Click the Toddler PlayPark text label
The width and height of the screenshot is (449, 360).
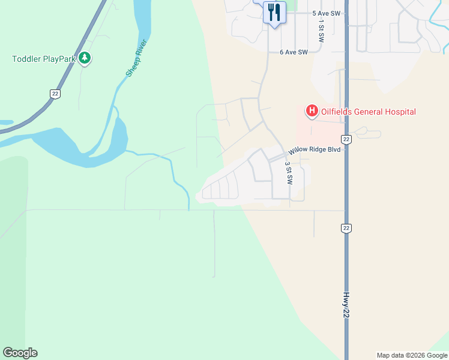[44, 59]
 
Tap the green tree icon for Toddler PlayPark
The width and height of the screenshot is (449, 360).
[85, 58]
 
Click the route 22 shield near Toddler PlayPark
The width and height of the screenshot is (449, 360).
[54, 93]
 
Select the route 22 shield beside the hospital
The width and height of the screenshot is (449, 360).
[346, 139]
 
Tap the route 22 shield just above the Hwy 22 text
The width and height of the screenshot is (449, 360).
[346, 228]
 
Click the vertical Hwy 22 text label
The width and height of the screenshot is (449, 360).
[346, 309]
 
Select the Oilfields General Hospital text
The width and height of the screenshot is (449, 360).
[368, 112]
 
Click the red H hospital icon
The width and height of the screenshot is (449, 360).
[312, 111]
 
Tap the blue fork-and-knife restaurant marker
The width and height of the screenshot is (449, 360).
[274, 11]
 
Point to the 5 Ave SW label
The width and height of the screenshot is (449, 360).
[326, 13]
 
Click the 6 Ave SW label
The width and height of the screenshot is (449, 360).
[294, 52]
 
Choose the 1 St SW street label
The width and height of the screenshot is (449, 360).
[322, 30]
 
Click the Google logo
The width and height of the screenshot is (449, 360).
[20, 353]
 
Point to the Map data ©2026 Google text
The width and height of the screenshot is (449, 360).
[411, 355]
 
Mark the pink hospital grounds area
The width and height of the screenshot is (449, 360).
[318, 129]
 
